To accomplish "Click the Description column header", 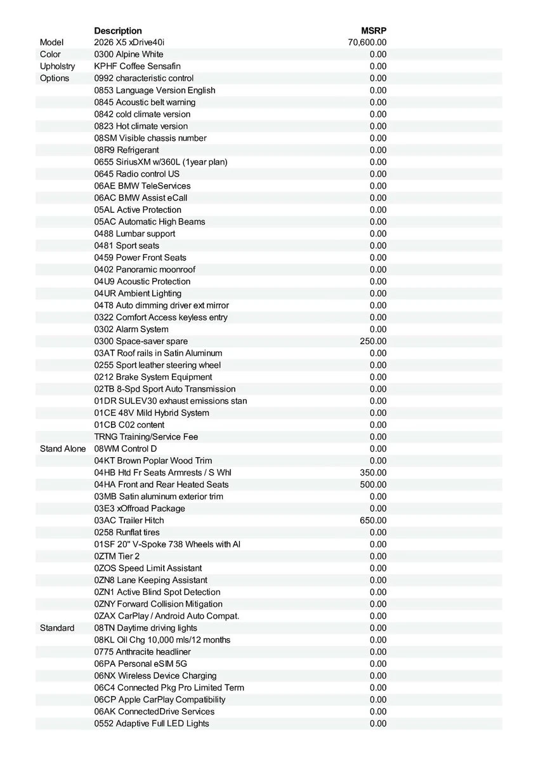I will (x=118, y=30).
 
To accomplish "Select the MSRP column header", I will (x=374, y=30).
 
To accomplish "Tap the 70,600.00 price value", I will (x=367, y=43).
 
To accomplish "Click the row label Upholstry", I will (x=57, y=66).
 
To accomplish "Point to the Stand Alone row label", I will (x=63, y=449).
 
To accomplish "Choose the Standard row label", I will (x=57, y=628).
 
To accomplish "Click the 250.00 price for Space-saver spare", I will (x=373, y=341).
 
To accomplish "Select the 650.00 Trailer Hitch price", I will (x=373, y=521).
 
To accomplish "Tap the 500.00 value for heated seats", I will (x=373, y=485).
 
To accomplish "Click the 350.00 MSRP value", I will (x=373, y=472).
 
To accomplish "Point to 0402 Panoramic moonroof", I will (x=145, y=269).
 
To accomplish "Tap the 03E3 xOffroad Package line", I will (x=140, y=509).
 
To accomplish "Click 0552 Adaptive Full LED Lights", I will (x=152, y=723).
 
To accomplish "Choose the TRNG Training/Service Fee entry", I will (x=146, y=437).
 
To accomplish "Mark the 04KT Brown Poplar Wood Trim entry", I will (x=153, y=460).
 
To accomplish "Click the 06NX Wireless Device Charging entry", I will (x=155, y=676).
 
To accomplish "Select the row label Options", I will (x=55, y=78).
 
